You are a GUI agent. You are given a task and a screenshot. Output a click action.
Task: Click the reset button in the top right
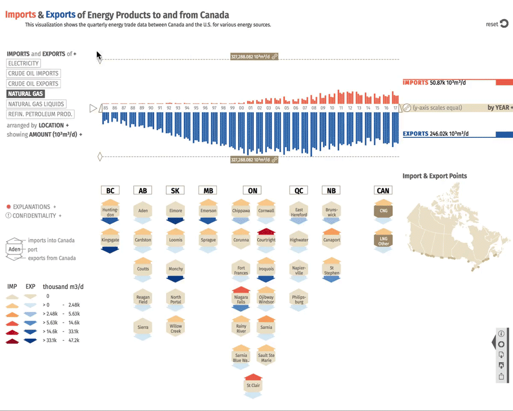[497, 24]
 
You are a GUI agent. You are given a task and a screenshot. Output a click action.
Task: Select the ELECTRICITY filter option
[24, 64]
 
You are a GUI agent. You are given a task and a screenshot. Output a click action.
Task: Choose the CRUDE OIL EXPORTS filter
[33, 84]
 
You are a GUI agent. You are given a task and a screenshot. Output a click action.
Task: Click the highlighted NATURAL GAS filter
[26, 94]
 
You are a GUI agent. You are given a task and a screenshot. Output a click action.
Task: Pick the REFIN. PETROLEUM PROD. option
[41, 114]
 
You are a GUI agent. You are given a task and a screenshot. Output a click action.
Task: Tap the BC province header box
[110, 191]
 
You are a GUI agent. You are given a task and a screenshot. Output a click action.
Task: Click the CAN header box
[383, 191]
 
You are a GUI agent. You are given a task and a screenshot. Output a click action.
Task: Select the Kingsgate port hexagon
[110, 240]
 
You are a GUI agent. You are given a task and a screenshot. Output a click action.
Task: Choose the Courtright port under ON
[266, 240]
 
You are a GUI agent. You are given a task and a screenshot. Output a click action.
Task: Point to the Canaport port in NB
[332, 240]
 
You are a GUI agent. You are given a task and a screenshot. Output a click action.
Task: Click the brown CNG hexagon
[383, 211]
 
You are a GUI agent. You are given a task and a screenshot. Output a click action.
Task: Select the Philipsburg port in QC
[299, 299]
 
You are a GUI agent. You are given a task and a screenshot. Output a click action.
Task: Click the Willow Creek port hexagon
[175, 328]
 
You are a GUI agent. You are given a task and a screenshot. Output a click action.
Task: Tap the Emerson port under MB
[208, 211]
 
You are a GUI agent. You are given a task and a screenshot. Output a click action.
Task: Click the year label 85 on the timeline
[106, 108]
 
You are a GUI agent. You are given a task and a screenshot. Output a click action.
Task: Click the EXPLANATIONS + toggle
[32, 207]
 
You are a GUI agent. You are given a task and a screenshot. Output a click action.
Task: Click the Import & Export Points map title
[435, 176]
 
